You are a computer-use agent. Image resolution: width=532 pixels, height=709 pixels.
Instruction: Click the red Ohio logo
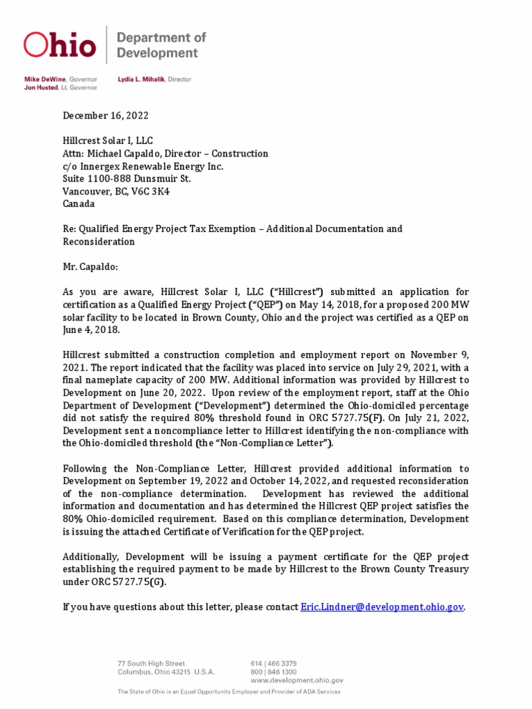(60, 45)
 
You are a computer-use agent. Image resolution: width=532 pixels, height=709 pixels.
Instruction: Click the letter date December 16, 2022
(105, 116)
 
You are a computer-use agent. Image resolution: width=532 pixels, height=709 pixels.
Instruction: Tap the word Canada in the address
(78, 204)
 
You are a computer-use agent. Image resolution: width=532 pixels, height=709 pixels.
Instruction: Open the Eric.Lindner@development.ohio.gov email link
(382, 607)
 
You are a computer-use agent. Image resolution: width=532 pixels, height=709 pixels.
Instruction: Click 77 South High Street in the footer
(151, 663)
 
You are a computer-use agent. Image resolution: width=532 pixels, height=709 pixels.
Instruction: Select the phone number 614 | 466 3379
(274, 663)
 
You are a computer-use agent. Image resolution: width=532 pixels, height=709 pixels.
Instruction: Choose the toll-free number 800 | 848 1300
(274, 672)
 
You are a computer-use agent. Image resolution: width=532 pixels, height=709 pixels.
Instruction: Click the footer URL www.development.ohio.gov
(296, 681)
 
